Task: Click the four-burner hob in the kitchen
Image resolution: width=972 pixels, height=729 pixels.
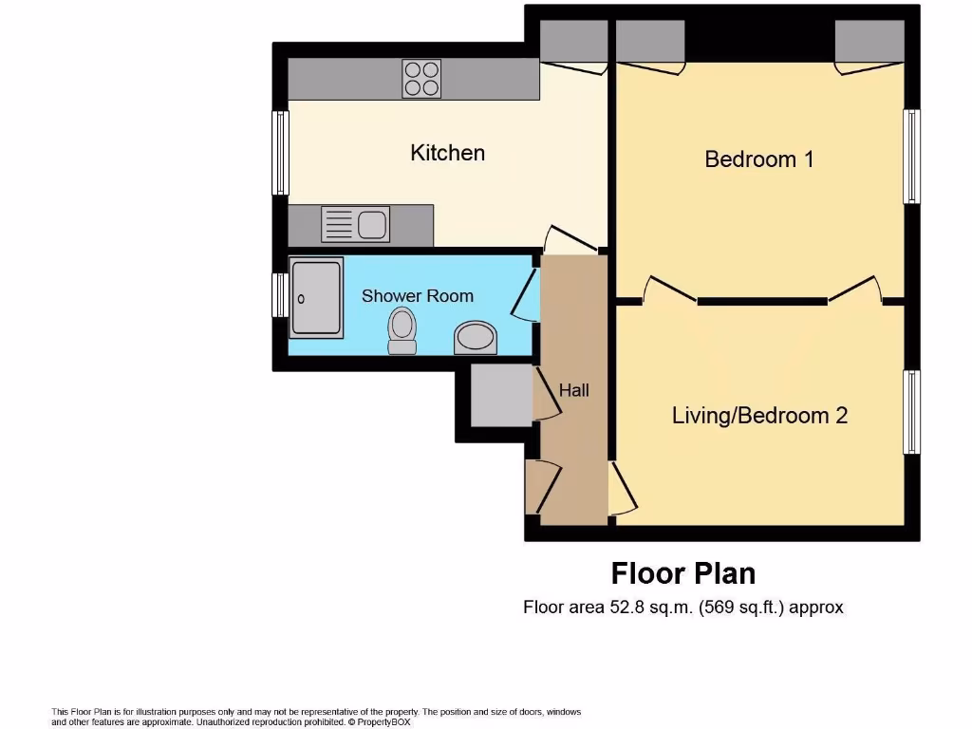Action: click(421, 79)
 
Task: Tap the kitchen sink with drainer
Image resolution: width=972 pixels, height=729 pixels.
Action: click(355, 225)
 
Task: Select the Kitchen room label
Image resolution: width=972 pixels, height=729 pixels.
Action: click(447, 153)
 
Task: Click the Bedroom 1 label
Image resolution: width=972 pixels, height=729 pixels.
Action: click(758, 159)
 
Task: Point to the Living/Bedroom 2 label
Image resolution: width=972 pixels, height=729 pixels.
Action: click(759, 415)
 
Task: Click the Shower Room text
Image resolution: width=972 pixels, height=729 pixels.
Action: click(417, 296)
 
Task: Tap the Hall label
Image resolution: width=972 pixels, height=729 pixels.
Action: click(573, 390)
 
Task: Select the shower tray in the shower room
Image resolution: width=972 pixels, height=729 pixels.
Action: click(316, 298)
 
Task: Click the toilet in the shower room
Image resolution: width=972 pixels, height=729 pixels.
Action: click(402, 331)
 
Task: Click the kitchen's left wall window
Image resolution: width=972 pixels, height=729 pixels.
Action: click(280, 153)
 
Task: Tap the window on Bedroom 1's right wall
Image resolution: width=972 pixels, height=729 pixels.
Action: click(911, 157)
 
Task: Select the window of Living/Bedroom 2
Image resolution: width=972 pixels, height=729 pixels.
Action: click(911, 412)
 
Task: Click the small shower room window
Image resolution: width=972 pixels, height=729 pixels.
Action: click(280, 296)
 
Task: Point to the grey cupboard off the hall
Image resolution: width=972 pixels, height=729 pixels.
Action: click(500, 395)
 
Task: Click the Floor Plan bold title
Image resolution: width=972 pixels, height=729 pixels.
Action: click(682, 573)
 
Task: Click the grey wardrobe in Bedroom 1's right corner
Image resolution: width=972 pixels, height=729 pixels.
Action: click(869, 40)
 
